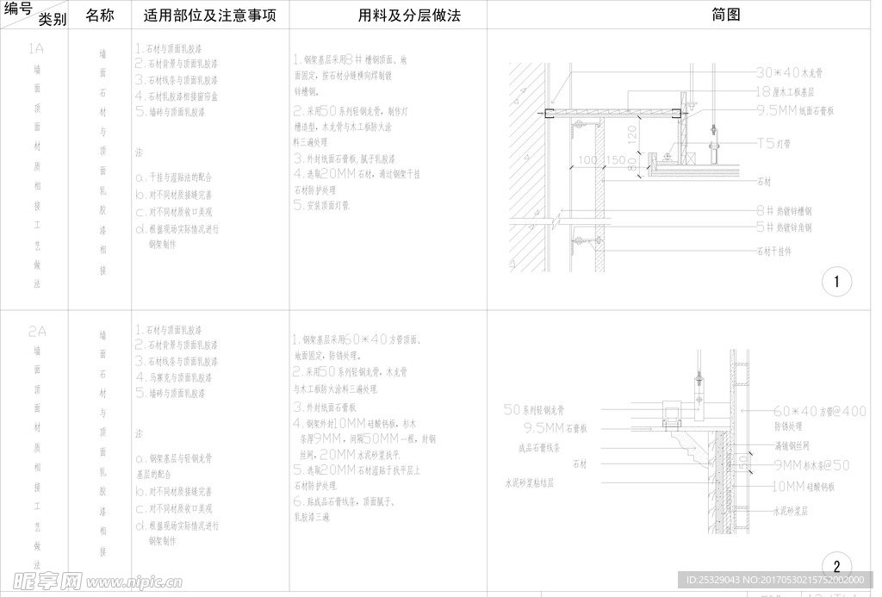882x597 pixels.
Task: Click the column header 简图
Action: (x=726, y=15)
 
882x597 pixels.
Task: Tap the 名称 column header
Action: (x=100, y=16)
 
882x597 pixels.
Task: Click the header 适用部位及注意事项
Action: (x=210, y=16)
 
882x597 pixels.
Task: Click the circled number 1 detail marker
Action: (x=836, y=282)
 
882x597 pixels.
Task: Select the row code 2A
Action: (x=36, y=331)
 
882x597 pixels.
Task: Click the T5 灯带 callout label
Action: (x=777, y=143)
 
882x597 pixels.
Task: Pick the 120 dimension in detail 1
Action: (x=632, y=134)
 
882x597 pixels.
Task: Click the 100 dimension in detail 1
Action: (x=587, y=160)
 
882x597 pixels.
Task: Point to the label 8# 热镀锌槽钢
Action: (x=784, y=210)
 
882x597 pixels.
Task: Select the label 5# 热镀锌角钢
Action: (x=784, y=228)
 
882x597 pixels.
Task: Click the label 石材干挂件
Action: (x=773, y=252)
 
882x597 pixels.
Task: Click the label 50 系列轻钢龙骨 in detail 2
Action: (x=533, y=410)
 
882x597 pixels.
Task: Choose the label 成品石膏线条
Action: (x=539, y=447)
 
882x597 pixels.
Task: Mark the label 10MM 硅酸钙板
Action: (x=803, y=487)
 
